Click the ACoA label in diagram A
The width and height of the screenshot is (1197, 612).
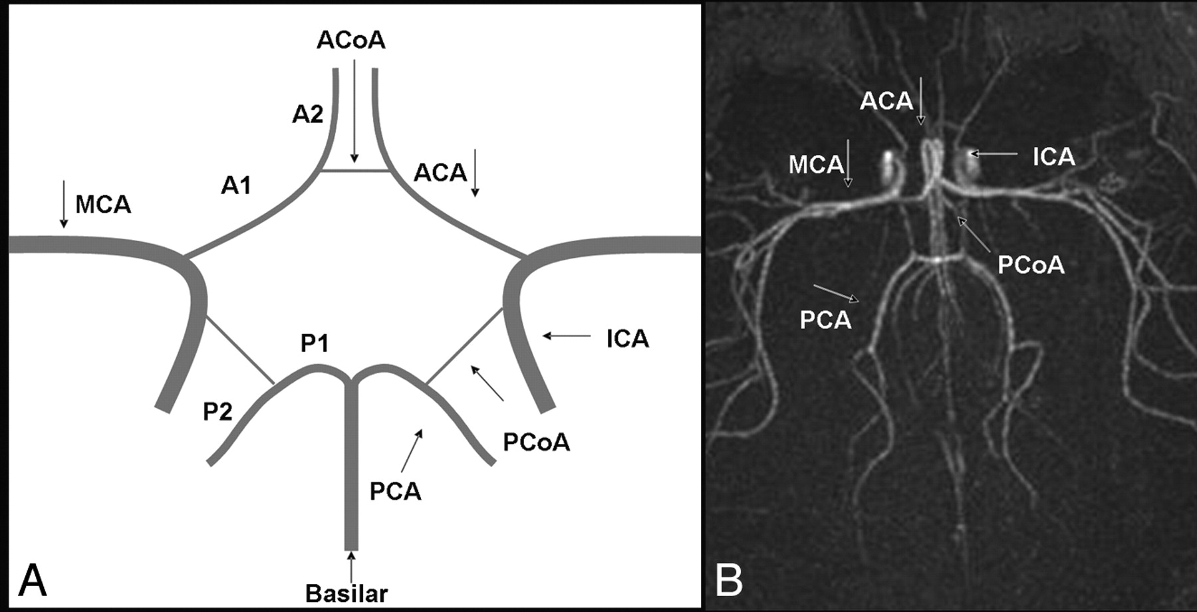point(350,41)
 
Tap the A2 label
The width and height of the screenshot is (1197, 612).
point(307,114)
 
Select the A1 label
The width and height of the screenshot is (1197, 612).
point(236,185)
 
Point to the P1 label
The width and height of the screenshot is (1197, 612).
point(315,344)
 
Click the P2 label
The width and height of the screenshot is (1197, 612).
point(217,412)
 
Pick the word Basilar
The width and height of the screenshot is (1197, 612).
point(346,593)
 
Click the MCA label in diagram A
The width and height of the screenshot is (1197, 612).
point(103,205)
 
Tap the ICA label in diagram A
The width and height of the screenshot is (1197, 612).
point(627,339)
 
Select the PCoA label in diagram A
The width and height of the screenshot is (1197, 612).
point(536,443)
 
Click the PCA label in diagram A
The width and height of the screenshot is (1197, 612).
point(396,492)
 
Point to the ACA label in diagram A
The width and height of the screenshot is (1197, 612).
point(440,173)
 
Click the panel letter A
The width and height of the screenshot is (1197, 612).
point(32,581)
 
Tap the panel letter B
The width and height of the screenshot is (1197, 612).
point(729,579)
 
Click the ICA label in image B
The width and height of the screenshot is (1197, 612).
point(1053,157)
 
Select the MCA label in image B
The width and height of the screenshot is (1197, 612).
point(816,165)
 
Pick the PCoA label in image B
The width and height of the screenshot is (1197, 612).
point(1031,265)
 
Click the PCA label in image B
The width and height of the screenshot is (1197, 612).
point(825,320)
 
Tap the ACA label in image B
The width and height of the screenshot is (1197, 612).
point(886,101)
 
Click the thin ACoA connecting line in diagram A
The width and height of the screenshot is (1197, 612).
point(354,171)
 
